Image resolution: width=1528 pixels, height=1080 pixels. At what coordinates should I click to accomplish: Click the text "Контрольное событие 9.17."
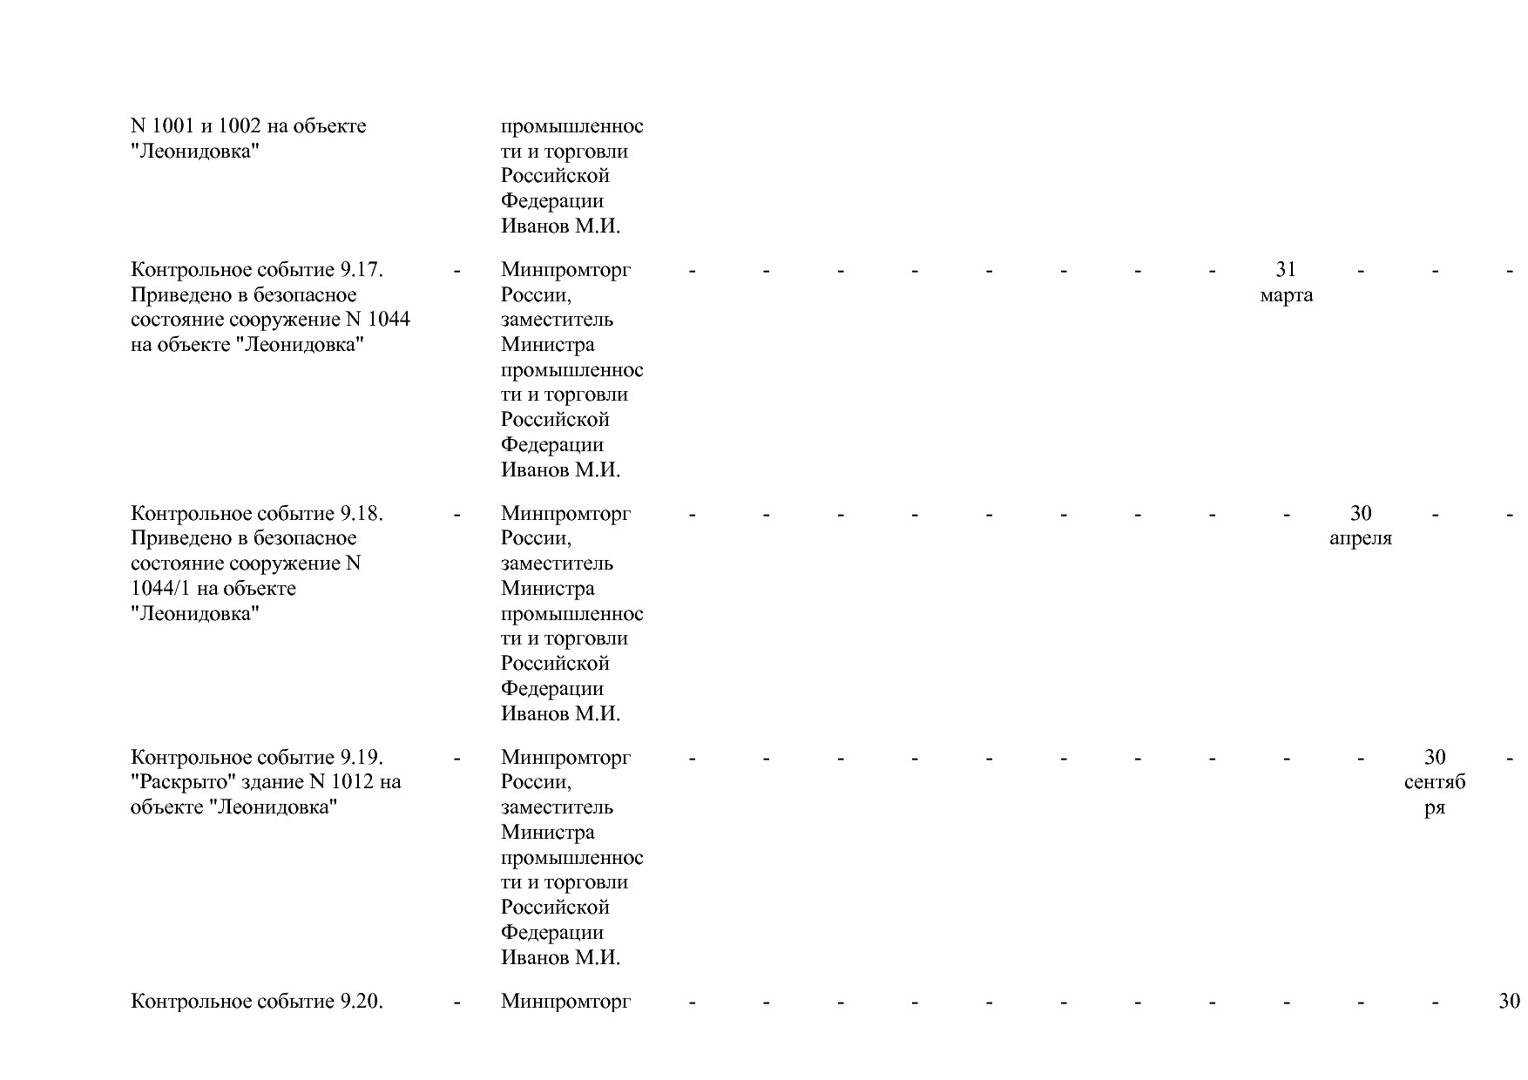257,270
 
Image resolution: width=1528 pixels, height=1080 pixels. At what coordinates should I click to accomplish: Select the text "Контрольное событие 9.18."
257,514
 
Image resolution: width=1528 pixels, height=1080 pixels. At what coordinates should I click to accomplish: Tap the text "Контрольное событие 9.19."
257,758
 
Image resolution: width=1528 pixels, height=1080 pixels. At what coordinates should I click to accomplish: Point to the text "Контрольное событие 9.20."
257,1002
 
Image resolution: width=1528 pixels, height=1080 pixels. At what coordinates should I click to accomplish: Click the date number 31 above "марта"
1286,269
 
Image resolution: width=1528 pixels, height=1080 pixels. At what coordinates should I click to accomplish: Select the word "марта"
1286,295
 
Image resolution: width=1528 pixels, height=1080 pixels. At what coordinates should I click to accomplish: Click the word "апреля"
1360,539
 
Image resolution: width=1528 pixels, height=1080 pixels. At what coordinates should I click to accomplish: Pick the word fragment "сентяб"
1435,783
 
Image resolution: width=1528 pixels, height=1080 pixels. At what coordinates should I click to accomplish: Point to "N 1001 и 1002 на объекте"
248,126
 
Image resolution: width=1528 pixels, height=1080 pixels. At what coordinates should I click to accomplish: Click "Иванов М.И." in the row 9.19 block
560,958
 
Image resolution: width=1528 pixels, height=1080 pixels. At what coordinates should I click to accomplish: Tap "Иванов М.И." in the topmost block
560,226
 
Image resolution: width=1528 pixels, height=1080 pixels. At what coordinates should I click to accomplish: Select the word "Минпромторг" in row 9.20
565,1002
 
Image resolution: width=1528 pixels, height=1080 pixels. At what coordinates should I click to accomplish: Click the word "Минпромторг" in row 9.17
565,270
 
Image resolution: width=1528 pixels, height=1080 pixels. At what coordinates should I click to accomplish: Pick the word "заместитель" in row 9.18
557,564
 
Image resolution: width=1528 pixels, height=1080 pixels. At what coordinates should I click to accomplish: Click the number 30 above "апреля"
1360,513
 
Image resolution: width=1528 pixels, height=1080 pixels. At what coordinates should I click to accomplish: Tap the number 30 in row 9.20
1509,1002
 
